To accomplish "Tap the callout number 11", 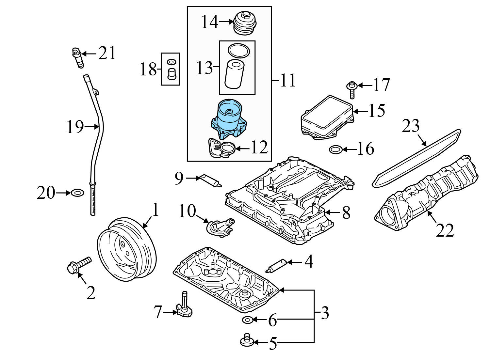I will click(288, 80).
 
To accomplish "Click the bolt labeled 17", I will click(351, 89).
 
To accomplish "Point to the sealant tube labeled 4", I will click(276, 265).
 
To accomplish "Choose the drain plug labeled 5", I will click(247, 341).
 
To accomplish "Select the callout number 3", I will click(324, 313).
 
